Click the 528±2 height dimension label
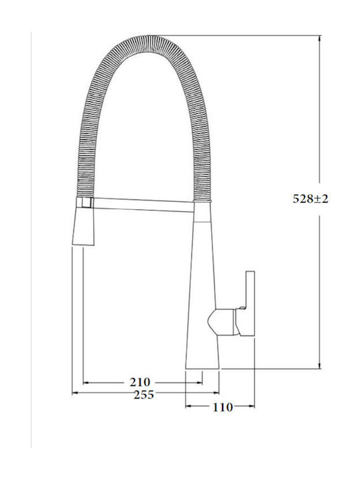coord(311,199)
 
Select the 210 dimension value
coord(140,383)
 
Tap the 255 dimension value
coord(143,395)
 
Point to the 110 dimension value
coord(223,407)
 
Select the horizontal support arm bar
coord(144,205)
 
